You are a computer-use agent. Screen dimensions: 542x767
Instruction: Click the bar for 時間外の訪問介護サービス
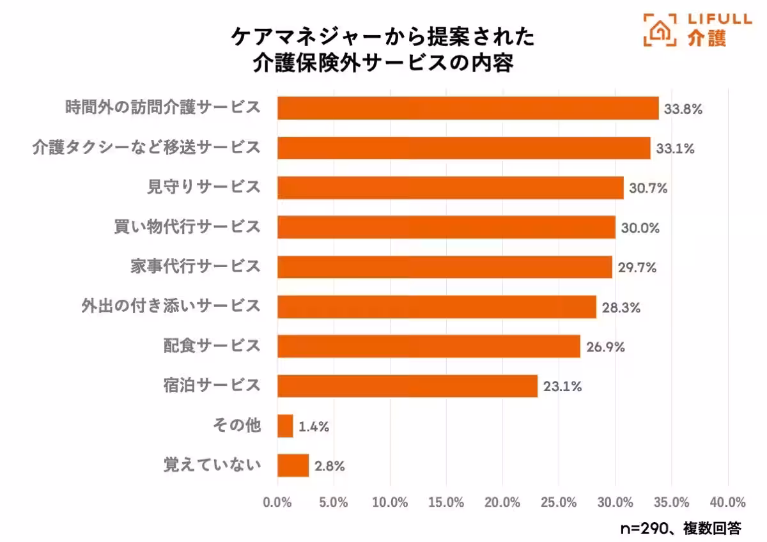(x=468, y=108)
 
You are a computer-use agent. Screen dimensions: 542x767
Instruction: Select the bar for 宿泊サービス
(x=407, y=386)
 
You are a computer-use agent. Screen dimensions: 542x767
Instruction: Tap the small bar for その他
(x=285, y=426)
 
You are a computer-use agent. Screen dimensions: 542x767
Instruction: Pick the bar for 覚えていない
(x=293, y=465)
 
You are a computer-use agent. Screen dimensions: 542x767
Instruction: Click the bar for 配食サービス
(x=429, y=346)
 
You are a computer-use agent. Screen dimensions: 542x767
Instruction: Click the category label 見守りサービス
(x=204, y=187)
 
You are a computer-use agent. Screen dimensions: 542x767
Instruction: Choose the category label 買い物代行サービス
(x=186, y=226)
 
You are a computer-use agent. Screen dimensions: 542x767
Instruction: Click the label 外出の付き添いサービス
(x=171, y=306)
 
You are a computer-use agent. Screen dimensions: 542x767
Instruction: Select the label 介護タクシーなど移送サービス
(x=146, y=147)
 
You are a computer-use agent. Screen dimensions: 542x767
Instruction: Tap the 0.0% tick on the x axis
(x=277, y=502)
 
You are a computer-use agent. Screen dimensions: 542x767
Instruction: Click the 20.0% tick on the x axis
(x=502, y=502)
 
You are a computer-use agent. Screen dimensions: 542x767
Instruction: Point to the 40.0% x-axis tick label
(x=728, y=502)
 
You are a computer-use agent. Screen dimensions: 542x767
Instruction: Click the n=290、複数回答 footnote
(x=681, y=528)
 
